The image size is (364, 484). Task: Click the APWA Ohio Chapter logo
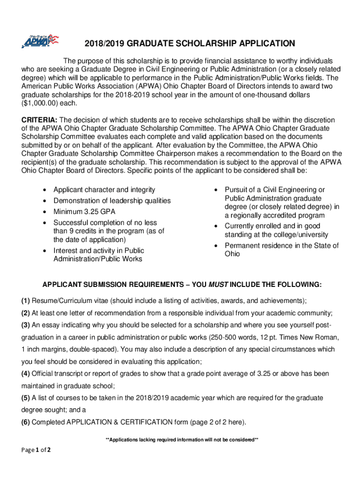coord(40,41)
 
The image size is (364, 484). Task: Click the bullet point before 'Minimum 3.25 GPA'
coord(44,212)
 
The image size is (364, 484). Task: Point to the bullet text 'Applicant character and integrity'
coord(104,190)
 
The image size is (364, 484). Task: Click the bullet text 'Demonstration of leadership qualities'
coord(112,200)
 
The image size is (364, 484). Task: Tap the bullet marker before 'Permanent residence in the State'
coord(216,246)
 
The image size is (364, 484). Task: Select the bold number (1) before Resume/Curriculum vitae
coord(25,301)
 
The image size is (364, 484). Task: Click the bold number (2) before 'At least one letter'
coord(25,313)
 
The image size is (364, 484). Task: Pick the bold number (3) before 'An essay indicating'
coord(25,325)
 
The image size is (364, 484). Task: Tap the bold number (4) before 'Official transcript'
coord(25,373)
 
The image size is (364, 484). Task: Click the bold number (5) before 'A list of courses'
coord(25,398)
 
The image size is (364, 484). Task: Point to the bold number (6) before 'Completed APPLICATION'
coord(25,422)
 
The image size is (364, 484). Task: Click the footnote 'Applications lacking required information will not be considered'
coord(182,440)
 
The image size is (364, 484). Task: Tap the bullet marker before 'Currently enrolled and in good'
coord(216,226)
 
